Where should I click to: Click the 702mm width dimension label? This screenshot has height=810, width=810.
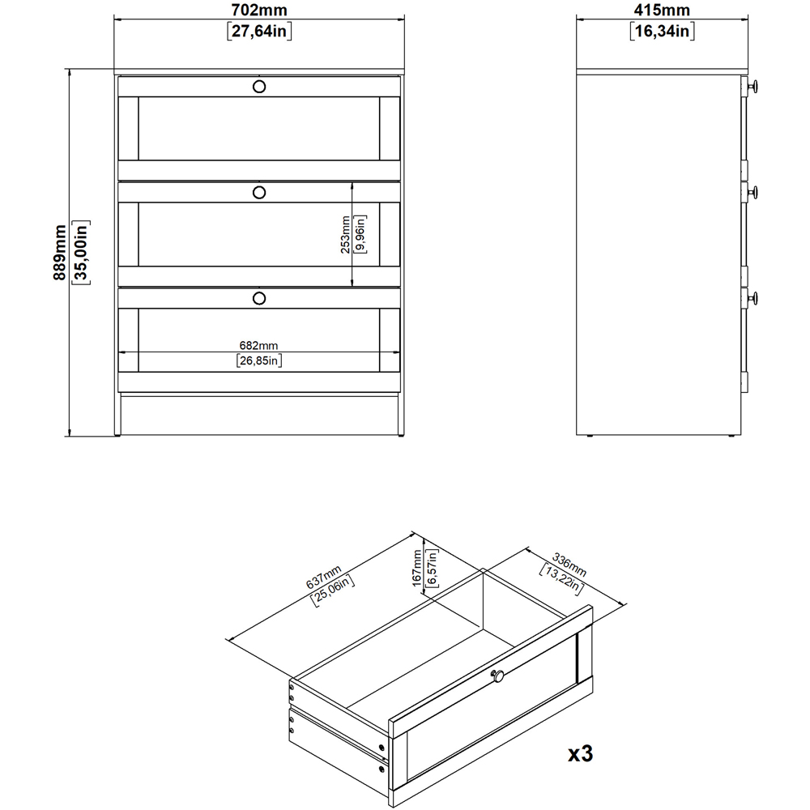[258, 11]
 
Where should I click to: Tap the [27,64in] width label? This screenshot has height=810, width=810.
[258, 32]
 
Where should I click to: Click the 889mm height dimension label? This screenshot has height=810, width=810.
[59, 253]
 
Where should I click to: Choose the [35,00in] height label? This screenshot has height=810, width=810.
[80, 253]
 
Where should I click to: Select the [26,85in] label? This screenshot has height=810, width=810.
[258, 360]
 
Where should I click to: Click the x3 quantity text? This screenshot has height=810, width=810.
[580, 753]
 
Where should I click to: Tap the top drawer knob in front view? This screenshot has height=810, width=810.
[258, 86]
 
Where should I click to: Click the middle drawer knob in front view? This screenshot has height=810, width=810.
[258, 192]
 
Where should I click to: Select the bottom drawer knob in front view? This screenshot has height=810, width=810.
[258, 298]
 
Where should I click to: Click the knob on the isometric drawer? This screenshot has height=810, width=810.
[498, 676]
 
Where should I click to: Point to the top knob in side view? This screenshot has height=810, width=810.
[752, 87]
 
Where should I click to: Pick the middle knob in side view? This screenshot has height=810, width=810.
[752, 192]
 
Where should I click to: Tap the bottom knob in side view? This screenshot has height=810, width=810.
[752, 298]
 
